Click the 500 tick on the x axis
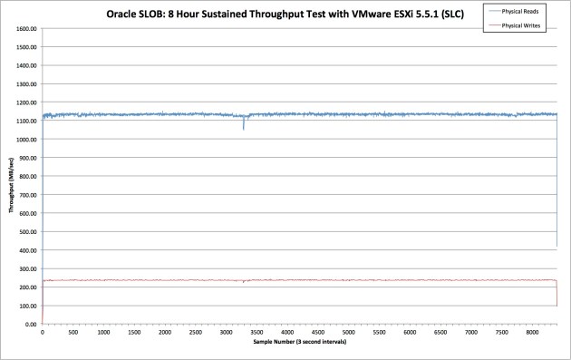point(73,333)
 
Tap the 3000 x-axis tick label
point(226,333)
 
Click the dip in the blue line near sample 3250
point(243,125)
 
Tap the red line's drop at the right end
point(556,295)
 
